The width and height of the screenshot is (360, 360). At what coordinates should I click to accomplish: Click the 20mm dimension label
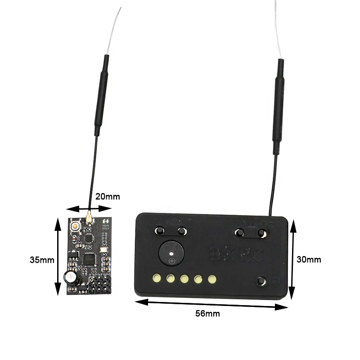click(108, 197)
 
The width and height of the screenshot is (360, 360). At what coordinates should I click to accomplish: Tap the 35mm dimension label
click(42, 260)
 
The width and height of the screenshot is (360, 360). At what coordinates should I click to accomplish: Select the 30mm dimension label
click(309, 259)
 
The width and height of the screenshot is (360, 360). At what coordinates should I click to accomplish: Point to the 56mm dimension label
click(207, 314)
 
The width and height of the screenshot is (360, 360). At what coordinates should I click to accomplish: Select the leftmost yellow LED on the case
click(157, 278)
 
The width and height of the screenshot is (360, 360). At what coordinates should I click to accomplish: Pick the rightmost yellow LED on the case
click(211, 279)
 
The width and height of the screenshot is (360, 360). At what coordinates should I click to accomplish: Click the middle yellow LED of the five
click(184, 279)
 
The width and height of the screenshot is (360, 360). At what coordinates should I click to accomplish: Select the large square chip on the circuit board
click(90, 259)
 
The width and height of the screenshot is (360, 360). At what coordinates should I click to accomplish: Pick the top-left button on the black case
click(159, 231)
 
